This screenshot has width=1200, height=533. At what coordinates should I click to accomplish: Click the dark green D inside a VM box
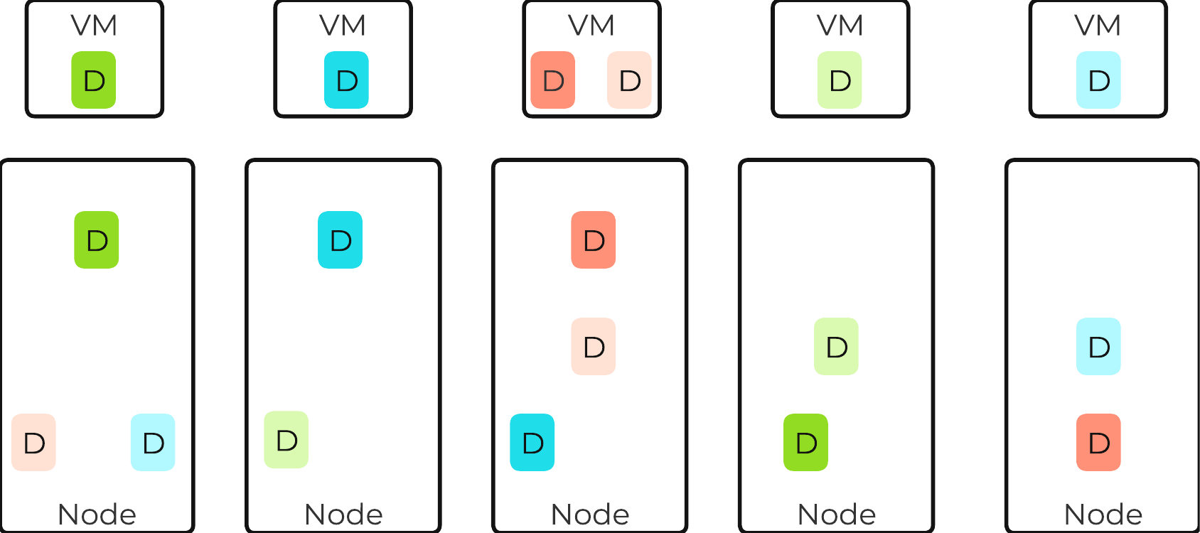click(x=94, y=80)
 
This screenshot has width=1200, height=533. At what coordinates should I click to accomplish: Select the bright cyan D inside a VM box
click(x=346, y=80)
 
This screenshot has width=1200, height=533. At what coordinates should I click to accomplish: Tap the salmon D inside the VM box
click(x=553, y=80)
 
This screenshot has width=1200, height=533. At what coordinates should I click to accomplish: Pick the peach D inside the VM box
click(x=629, y=80)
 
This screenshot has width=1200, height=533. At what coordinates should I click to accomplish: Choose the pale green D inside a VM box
click(x=840, y=80)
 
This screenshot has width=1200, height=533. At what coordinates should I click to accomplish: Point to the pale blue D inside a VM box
click(x=1098, y=80)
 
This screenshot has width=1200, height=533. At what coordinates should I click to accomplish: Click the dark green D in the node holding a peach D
click(x=97, y=240)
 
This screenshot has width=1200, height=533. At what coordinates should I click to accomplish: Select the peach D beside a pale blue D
click(x=33, y=443)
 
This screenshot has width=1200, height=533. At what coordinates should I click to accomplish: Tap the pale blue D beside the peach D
click(x=153, y=443)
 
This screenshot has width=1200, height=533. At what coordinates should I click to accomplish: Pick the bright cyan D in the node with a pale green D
click(x=340, y=240)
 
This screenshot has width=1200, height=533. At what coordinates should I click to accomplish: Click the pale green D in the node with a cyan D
click(x=286, y=440)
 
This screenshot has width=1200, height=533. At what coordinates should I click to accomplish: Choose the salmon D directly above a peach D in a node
click(x=593, y=240)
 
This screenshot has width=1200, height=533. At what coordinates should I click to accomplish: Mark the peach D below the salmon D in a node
click(x=593, y=347)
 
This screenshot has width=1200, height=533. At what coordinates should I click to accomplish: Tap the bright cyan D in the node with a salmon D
click(x=532, y=443)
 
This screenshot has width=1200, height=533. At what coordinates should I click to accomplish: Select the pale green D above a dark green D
click(x=836, y=347)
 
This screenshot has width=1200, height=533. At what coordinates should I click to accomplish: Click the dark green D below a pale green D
click(x=805, y=443)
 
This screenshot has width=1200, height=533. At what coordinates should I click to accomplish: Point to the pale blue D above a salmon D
click(x=1098, y=347)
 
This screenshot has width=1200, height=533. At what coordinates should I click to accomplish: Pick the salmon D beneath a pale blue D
click(x=1098, y=443)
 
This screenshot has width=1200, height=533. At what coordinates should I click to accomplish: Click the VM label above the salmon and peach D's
click(x=591, y=26)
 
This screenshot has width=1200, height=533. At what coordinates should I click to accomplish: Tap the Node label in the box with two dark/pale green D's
click(x=836, y=514)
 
